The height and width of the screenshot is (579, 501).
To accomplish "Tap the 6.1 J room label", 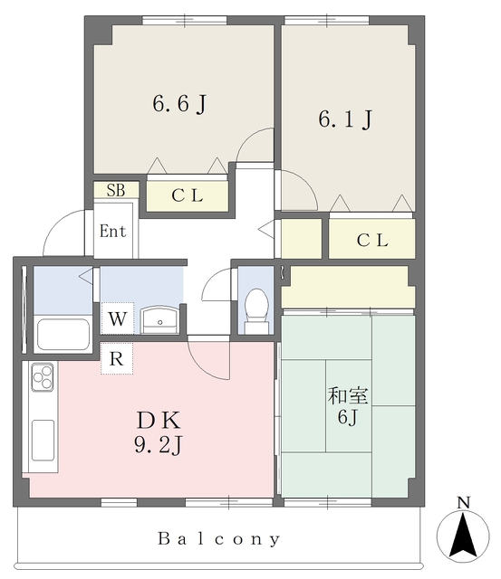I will (x=344, y=119).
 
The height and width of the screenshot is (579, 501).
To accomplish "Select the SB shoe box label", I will (x=116, y=190).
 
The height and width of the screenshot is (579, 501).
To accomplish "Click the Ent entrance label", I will (x=112, y=231).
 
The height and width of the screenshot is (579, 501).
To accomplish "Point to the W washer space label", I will (x=117, y=318).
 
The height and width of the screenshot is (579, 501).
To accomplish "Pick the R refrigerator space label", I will (x=116, y=358).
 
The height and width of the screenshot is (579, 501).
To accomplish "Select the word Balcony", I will (x=219, y=539).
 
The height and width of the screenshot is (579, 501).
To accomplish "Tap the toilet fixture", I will (x=256, y=308).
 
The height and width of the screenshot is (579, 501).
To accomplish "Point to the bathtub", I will (x=62, y=336).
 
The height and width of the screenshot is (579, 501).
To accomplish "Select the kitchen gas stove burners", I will (x=43, y=376).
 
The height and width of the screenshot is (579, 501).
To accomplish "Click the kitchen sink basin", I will (x=43, y=441).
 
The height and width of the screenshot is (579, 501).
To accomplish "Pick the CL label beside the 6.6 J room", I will (x=188, y=195).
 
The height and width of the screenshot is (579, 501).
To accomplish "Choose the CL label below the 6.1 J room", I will (x=371, y=240).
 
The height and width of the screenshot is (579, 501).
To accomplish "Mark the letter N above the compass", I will (x=463, y=503).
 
